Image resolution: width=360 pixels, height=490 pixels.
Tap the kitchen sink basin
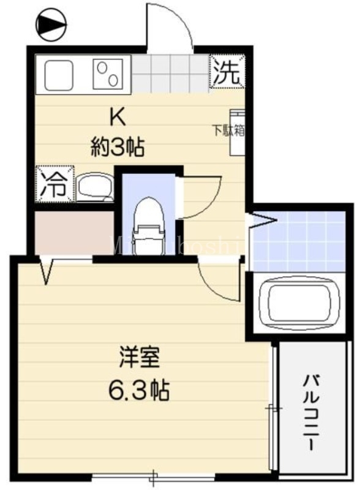pyautogui.click(x=61, y=75)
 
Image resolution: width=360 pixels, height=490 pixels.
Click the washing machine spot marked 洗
pyautogui.click(x=227, y=72)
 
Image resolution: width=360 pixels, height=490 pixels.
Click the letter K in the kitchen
pyautogui.click(x=116, y=116)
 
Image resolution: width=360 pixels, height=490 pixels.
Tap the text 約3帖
pyautogui.click(x=118, y=146)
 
